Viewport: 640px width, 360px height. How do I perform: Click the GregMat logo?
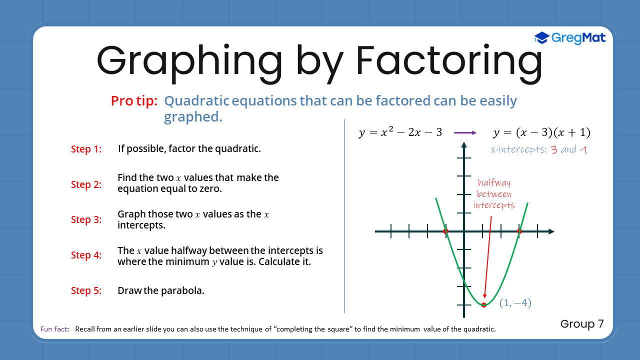click(570, 38)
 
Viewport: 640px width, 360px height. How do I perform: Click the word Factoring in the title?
click(448, 61)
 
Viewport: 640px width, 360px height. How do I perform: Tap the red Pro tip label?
click(134, 101)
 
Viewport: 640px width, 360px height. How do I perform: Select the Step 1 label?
click(86, 149)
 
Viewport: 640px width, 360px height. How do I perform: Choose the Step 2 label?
click(86, 184)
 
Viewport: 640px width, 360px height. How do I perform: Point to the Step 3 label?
click(86, 219)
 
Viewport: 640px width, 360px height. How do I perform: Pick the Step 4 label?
click(86, 255)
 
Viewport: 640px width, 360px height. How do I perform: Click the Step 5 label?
click(86, 290)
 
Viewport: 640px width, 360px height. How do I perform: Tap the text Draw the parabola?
click(161, 290)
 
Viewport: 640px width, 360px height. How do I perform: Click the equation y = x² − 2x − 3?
click(400, 133)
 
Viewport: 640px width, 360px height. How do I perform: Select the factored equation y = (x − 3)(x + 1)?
click(542, 133)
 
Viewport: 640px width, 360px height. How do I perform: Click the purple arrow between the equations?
click(465, 133)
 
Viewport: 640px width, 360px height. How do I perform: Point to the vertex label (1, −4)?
click(515, 303)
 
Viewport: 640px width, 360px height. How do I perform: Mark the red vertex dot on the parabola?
click(483, 304)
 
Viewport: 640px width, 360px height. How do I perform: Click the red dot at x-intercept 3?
click(519, 231)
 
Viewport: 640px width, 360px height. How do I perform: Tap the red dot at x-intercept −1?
click(446, 231)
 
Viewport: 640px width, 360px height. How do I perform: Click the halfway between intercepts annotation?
click(494, 194)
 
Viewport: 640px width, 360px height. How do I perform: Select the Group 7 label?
click(582, 324)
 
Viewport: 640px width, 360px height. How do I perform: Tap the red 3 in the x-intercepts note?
click(554, 150)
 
